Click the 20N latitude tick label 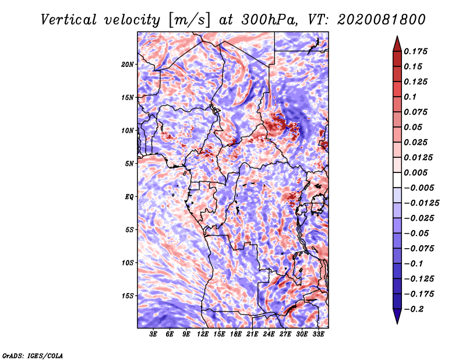tap(128, 65)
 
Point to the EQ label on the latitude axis tap(129, 197)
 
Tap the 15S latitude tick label tap(128, 296)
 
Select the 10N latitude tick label tap(128, 130)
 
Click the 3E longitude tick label tap(153, 334)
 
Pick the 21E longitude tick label tap(252, 334)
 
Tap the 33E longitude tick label tap(318, 334)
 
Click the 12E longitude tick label tap(202, 334)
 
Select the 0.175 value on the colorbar tap(415, 51)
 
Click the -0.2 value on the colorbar tap(414, 309)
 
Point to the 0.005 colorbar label tap(415, 172)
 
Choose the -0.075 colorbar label tap(419, 248)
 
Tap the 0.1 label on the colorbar tap(410, 97)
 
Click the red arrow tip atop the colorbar tap(397, 37)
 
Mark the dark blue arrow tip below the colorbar tap(397, 323)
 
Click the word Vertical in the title tap(69, 20)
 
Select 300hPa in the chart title tap(270, 20)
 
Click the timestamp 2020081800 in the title tap(382, 20)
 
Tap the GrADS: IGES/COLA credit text tap(33, 355)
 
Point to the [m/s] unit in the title tap(189, 20)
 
